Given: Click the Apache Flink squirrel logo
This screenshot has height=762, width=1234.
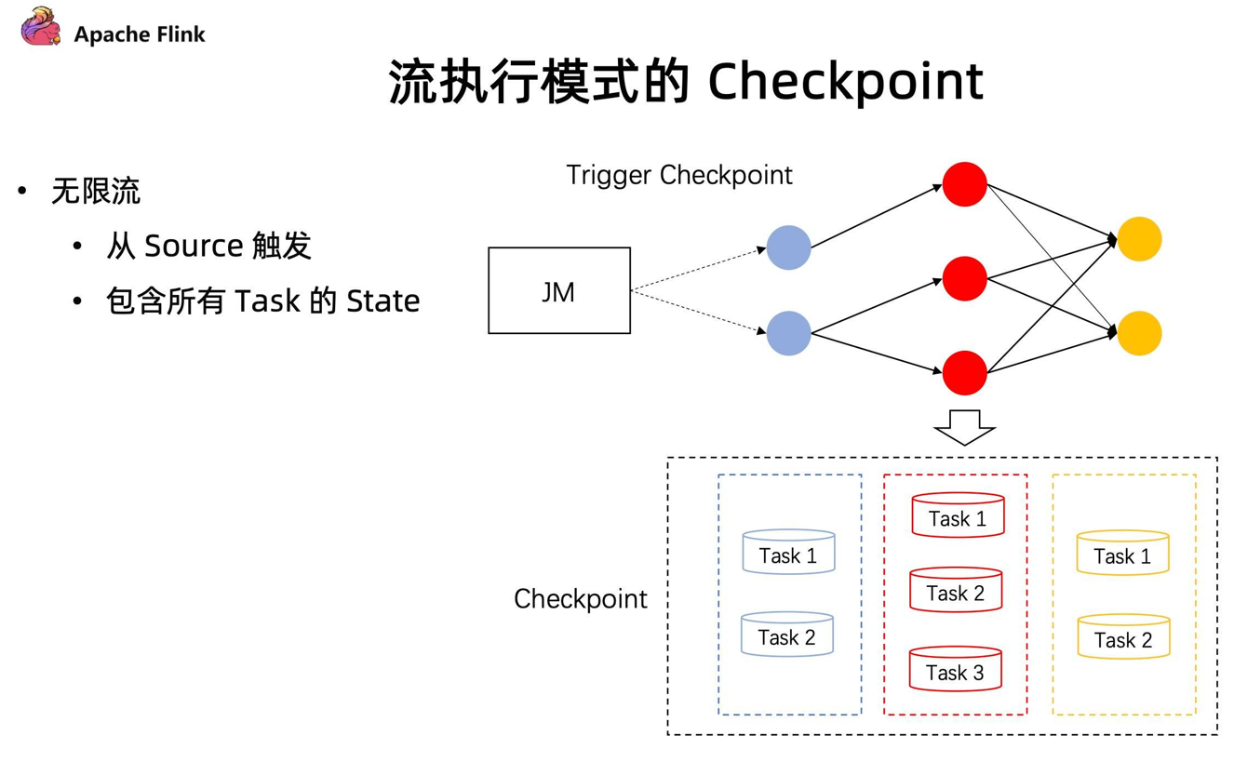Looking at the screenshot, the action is tap(40, 26).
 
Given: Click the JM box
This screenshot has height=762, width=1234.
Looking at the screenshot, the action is tap(559, 290).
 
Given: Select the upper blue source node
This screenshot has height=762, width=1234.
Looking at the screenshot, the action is tap(788, 247).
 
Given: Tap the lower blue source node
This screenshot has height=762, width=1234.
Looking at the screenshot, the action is tap(788, 333).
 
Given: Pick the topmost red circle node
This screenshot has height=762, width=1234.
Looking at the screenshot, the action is tap(964, 184).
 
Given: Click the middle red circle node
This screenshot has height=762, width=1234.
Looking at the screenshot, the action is tap(964, 278).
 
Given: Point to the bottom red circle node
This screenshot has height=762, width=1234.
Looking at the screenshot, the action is tap(964, 373).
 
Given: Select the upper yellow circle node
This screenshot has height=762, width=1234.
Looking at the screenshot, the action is tap(1139, 239).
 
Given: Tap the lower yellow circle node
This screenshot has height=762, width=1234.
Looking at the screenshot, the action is tap(1139, 333).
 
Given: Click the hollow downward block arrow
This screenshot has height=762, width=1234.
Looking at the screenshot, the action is tap(964, 427).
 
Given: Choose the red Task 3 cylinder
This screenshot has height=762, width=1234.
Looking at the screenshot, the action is tap(955, 668).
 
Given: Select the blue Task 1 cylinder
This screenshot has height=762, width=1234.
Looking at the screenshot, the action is tap(788, 552).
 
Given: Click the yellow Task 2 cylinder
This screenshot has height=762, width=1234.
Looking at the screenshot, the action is tap(1123, 636).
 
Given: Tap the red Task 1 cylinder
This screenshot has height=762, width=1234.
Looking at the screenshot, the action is tap(958, 515).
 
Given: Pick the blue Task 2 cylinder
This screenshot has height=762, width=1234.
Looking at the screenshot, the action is tap(786, 634).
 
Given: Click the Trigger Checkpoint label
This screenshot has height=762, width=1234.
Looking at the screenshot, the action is tap(679, 176).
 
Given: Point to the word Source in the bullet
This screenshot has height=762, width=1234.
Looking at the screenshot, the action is tap(194, 246).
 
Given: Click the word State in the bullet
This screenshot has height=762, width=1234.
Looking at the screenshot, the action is tap(382, 301).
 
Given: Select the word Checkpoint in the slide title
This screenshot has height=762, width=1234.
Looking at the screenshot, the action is tap(846, 82).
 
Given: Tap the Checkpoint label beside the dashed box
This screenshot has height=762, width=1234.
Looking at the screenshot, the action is tap(581, 599).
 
